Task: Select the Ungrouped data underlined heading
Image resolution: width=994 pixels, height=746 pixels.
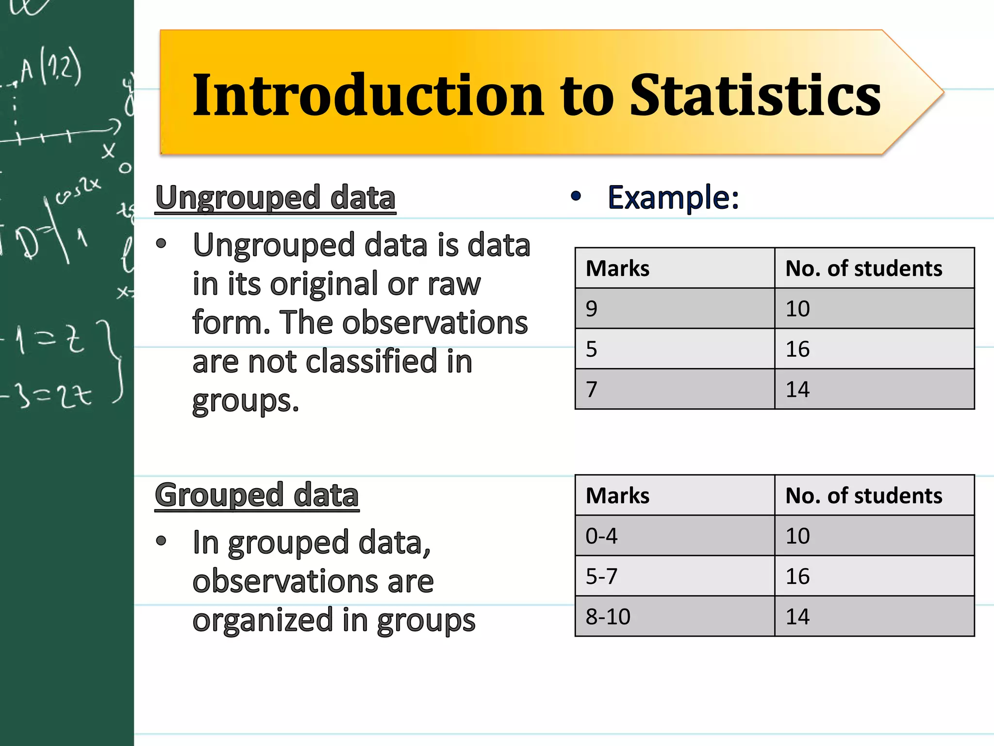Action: (275, 198)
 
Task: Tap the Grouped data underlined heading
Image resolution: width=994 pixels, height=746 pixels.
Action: (257, 495)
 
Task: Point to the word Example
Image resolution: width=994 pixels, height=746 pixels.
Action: (673, 198)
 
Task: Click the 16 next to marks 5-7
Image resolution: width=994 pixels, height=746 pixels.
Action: (797, 576)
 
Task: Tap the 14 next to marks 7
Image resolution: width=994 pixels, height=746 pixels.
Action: (797, 390)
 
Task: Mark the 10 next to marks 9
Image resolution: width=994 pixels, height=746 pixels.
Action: (797, 309)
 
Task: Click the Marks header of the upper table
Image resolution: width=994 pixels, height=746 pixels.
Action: (617, 269)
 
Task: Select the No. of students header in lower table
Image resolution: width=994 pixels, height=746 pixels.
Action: (863, 496)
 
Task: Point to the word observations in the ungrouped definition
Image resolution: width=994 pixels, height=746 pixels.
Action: (434, 322)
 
